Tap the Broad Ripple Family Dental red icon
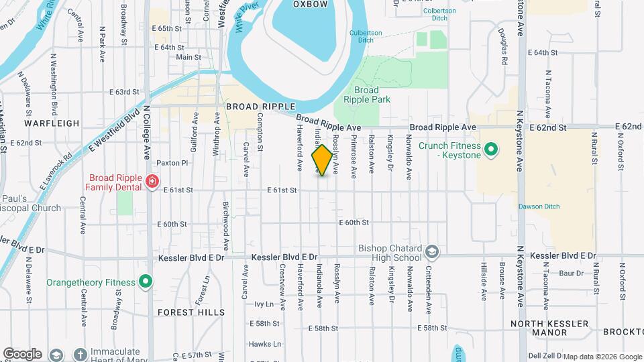click(152, 182)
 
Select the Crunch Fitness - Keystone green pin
click(490, 149)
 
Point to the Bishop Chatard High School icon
click(432, 252)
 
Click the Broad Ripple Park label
click(366, 95)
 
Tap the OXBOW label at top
click(311, 4)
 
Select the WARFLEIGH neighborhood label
click(52, 123)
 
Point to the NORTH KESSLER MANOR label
click(549, 328)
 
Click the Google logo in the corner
click(21, 353)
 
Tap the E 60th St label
click(354, 222)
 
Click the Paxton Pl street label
click(172, 163)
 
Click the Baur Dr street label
click(572, 273)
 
